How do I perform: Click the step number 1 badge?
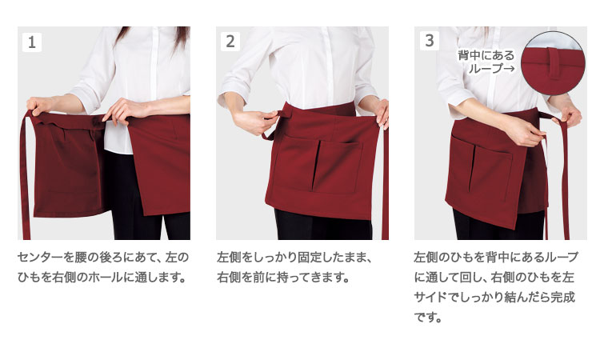tap(32, 42)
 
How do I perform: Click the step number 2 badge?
tap(230, 42)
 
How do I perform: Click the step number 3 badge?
tap(430, 40)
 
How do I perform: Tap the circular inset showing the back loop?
tap(553, 63)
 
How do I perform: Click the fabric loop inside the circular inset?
tap(554, 63)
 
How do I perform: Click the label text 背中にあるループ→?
tap(486, 62)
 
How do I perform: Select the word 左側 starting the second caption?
tap(229, 258)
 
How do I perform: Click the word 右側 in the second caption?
tap(229, 278)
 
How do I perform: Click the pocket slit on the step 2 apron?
tap(316, 166)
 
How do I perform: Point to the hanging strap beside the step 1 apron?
tap(25, 176)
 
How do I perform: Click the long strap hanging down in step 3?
tap(564, 180)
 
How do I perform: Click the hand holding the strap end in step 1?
tap(38, 106)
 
